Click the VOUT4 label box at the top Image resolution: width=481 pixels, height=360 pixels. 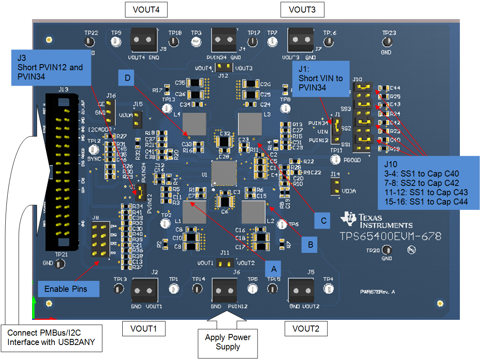146,10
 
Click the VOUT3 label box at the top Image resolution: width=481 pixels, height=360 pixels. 302,10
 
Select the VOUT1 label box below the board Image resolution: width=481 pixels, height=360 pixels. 144,328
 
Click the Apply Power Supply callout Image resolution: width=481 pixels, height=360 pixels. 228,342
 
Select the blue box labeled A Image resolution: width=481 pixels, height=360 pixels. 273,269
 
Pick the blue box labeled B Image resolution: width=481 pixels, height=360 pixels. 310,245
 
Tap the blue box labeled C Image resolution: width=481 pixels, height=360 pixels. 323,220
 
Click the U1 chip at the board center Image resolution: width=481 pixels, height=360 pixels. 223,173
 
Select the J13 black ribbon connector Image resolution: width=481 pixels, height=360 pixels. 63,170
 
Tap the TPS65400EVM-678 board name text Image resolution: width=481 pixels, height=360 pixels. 390,236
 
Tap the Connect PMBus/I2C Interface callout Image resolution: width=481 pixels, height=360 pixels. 51,337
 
